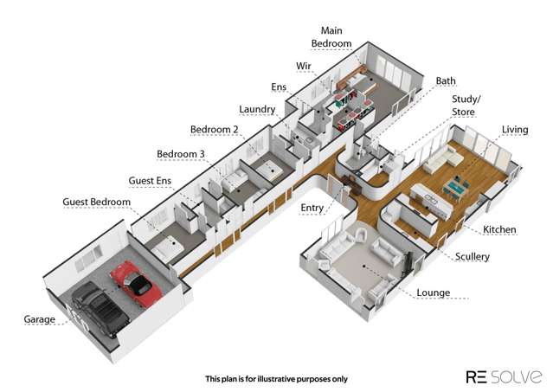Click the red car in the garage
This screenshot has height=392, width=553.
[136, 284]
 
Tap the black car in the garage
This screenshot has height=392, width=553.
[100, 309]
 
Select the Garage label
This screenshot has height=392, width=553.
[40, 319]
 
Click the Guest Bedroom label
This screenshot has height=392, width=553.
[97, 202]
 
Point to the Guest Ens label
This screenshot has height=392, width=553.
[150, 181]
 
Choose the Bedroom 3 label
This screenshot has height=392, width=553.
[181, 154]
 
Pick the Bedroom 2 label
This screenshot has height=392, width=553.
[215, 130]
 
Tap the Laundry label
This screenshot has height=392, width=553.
[257, 109]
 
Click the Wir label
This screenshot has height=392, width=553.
[304, 66]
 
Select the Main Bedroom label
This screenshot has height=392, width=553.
[331, 37]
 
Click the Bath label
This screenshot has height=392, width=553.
[446, 80]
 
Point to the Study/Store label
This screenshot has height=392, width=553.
[466, 106]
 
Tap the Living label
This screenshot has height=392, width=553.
[515, 130]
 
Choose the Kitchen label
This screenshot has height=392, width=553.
[499, 229]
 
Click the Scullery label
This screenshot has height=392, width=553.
[473, 257]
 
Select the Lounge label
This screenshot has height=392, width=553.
[434, 292]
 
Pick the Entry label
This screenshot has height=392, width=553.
[312, 208]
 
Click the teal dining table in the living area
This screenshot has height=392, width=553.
[458, 188]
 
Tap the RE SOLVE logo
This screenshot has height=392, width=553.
[504, 376]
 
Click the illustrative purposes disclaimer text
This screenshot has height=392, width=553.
[277, 379]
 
